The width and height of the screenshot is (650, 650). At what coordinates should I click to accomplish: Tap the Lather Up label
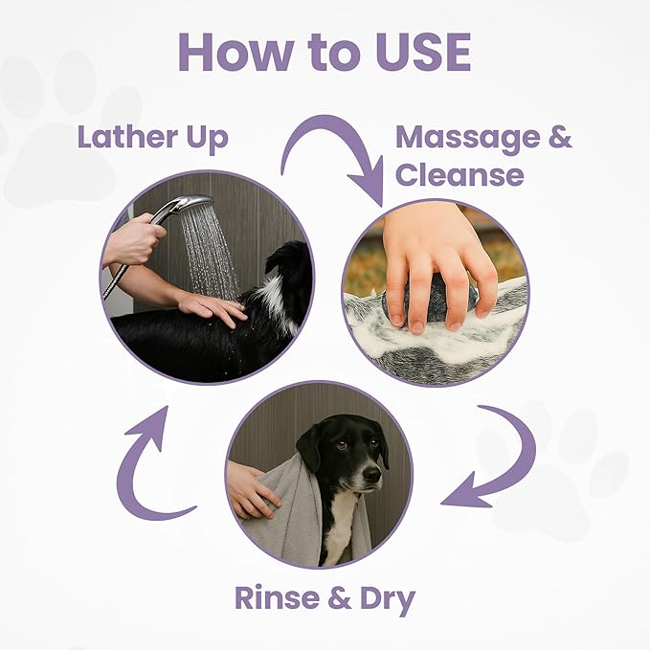click(x=153, y=137)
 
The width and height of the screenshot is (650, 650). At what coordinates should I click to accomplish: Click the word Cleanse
click(x=459, y=175)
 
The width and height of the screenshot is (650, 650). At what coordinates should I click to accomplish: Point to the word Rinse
click(x=279, y=599)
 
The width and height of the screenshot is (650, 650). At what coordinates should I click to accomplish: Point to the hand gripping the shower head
click(x=134, y=239)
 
